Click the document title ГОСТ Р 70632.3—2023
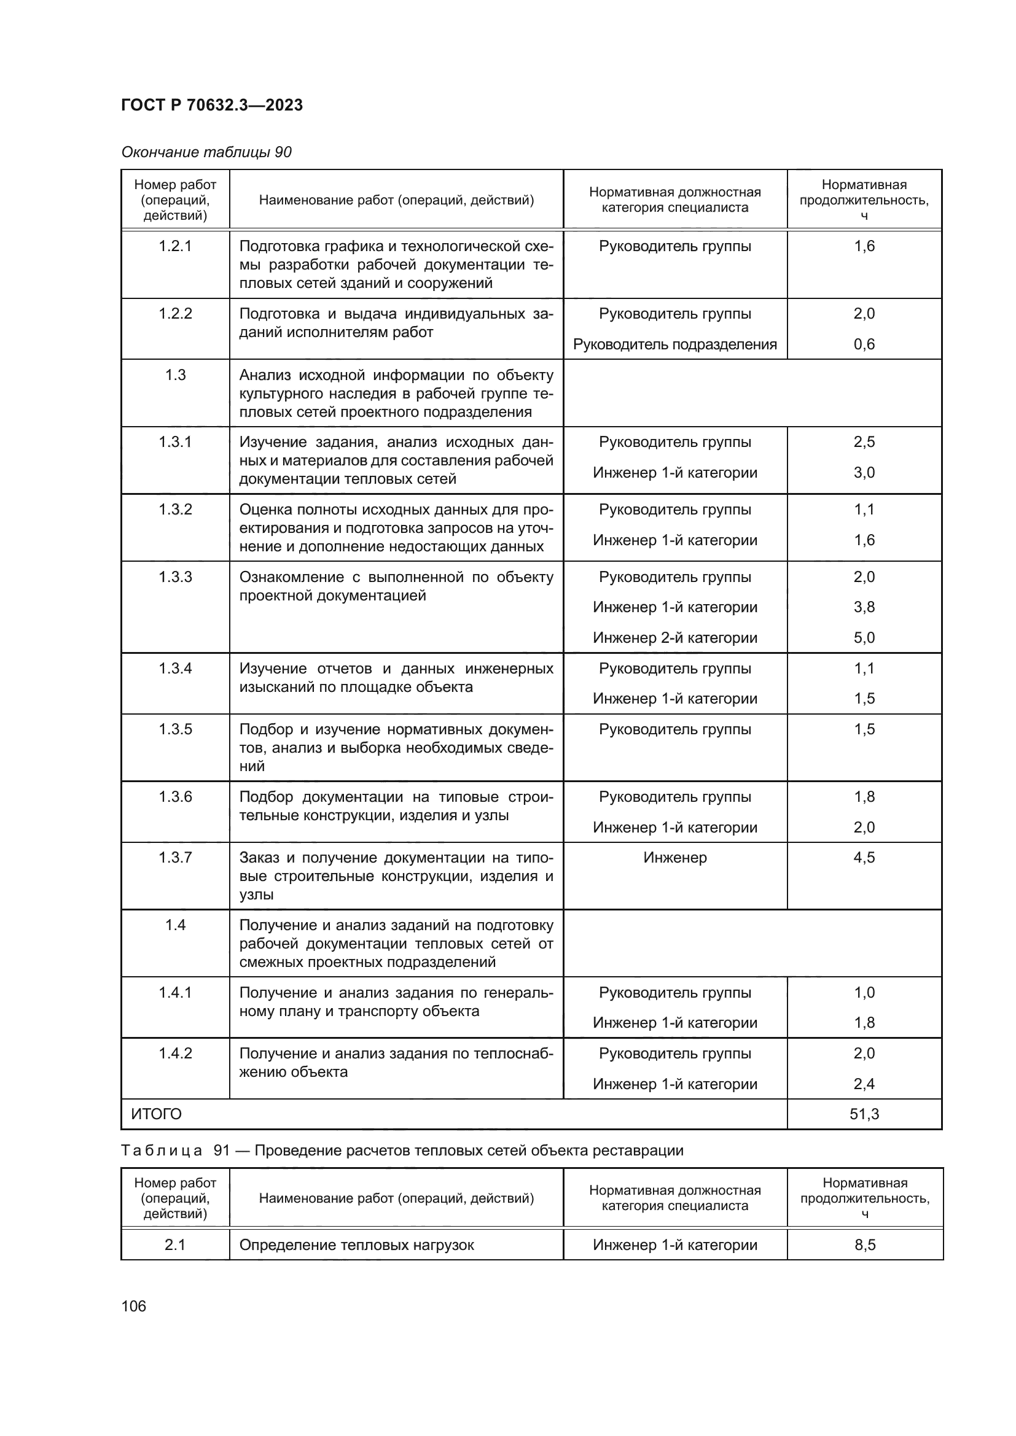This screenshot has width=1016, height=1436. point(211,105)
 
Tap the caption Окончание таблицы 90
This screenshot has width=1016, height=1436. point(206,152)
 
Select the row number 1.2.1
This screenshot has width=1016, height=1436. point(175,246)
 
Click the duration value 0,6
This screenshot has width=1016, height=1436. point(864,344)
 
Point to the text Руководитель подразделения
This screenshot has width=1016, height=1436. point(674,344)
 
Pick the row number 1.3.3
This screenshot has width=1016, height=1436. point(175,576)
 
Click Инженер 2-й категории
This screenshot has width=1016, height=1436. point(674,638)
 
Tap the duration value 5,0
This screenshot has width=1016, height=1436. point(864,638)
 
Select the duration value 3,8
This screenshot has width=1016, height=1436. point(864,607)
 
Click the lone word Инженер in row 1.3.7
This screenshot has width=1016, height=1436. point(674,858)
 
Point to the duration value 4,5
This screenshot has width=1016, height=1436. point(864,858)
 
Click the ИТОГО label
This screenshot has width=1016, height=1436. point(157,1114)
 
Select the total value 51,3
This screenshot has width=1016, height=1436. point(864,1114)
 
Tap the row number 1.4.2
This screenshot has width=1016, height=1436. point(175,1054)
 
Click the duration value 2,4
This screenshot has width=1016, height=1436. point(864,1084)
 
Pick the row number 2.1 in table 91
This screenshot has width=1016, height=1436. point(175,1244)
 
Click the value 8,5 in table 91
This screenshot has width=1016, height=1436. point(865,1244)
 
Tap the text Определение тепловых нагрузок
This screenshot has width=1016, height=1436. point(357,1244)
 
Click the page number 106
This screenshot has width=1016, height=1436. point(134,1306)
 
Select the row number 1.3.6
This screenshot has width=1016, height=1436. point(175,797)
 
